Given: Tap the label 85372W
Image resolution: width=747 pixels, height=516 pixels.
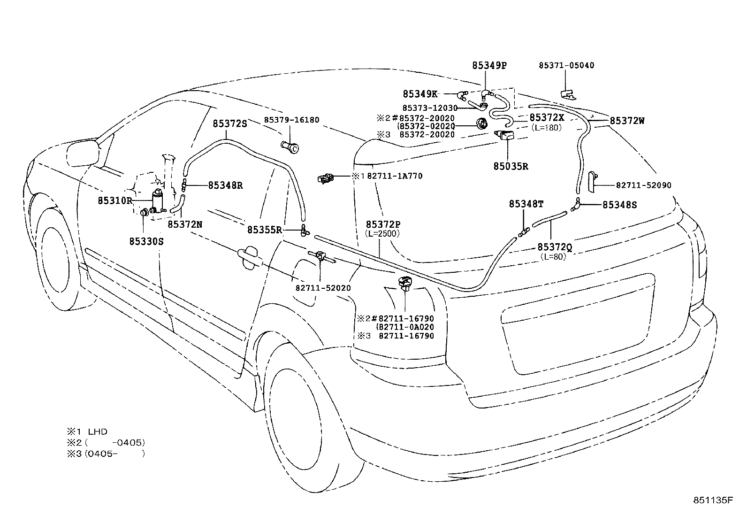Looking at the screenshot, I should click(627, 121).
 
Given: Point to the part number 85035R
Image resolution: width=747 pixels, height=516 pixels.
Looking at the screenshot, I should click(511, 166).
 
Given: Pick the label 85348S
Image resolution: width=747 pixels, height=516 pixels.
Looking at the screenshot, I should click(619, 205).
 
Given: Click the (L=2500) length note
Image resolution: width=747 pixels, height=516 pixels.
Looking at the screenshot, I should click(382, 233).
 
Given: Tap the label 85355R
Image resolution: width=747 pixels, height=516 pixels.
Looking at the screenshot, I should click(265, 230).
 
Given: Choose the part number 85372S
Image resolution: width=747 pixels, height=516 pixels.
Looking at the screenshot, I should click(230, 123).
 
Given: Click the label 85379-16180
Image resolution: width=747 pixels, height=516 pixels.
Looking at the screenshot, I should click(291, 120).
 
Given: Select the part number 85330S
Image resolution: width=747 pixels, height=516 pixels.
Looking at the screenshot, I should click(146, 241).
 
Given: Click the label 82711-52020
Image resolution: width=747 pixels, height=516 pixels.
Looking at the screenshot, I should click(323, 288).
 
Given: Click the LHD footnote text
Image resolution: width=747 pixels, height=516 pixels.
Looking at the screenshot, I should click(98, 431).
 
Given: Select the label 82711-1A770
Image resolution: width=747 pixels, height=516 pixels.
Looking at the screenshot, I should click(394, 177).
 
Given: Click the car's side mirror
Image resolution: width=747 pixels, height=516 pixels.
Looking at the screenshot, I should click(85, 153).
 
